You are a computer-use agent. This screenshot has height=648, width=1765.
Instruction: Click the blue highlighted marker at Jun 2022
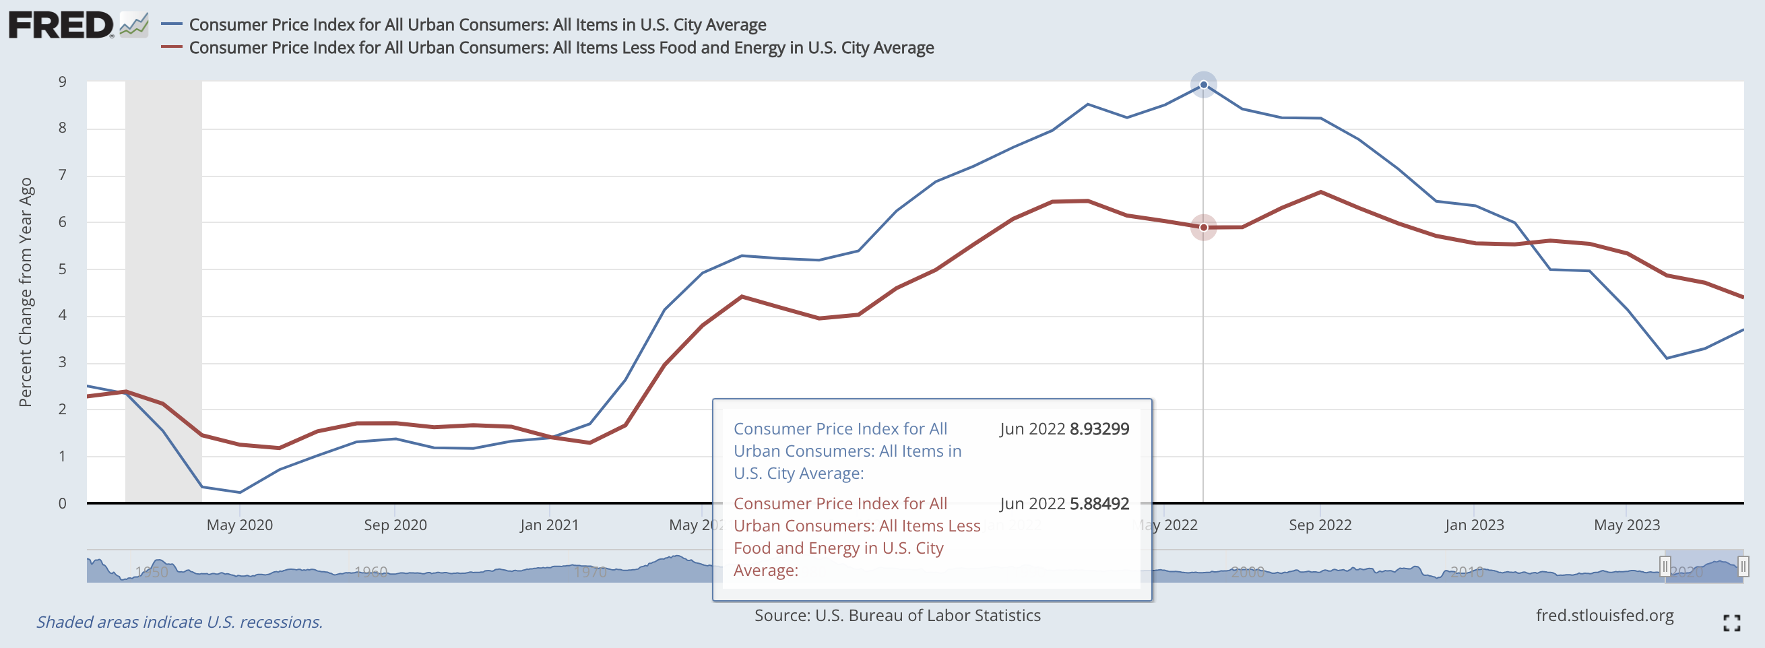1203,85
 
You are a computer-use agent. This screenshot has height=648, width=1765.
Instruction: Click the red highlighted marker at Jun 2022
1203,228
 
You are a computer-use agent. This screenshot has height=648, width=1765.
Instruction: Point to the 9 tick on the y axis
63,82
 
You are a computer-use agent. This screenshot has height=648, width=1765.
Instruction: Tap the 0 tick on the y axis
63,504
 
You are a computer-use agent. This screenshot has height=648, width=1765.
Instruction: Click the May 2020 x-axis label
239,525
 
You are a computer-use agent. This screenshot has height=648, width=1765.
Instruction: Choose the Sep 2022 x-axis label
1320,525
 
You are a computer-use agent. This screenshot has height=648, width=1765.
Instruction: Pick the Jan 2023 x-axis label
1474,525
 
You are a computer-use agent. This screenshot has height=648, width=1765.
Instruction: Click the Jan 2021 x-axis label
549,525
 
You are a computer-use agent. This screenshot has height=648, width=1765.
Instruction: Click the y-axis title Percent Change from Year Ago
26,292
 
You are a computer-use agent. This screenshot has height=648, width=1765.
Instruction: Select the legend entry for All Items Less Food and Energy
560,48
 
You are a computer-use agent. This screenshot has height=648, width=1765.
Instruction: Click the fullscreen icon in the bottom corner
1731,622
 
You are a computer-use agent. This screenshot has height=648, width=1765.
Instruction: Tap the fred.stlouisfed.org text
1604,616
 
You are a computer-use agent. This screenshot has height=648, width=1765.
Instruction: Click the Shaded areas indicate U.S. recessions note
179,622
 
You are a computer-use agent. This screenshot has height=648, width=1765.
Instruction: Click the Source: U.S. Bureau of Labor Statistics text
897,616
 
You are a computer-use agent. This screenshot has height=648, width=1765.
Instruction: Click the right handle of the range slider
1742,566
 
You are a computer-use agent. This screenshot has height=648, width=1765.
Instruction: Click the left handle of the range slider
1664,566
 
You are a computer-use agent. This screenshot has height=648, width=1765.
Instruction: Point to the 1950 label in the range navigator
152,572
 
